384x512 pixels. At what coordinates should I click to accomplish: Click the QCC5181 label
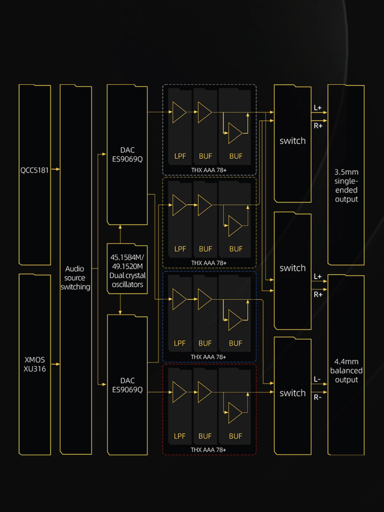[x=35, y=170]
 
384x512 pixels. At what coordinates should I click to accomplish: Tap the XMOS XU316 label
[x=35, y=364]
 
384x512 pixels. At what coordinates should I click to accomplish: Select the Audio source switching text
[x=75, y=278]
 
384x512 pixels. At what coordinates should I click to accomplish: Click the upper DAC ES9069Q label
[x=127, y=155]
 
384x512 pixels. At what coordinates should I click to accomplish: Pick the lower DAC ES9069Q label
[x=127, y=385]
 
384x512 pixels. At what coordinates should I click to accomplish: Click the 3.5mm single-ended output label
[x=346, y=186]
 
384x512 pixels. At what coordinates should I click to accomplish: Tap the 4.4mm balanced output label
[x=346, y=371]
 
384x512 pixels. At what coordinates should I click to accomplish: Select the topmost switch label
[x=292, y=141]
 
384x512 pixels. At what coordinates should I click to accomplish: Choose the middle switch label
[x=292, y=268]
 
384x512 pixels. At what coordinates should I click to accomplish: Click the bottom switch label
[x=292, y=393]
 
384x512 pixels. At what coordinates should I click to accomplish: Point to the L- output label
[x=317, y=380]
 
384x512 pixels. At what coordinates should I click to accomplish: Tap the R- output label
[x=317, y=397]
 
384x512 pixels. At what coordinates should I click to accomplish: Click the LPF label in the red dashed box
[x=180, y=436]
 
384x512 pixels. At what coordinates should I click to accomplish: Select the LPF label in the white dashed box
[x=180, y=156]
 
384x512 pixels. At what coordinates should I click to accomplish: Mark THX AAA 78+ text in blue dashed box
[x=208, y=357]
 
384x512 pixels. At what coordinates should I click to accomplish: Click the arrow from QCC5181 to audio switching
[x=56, y=169]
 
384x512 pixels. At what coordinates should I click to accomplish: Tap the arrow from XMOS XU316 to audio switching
[x=56, y=364]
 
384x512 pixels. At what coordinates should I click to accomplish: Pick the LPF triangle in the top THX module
[x=179, y=112]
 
